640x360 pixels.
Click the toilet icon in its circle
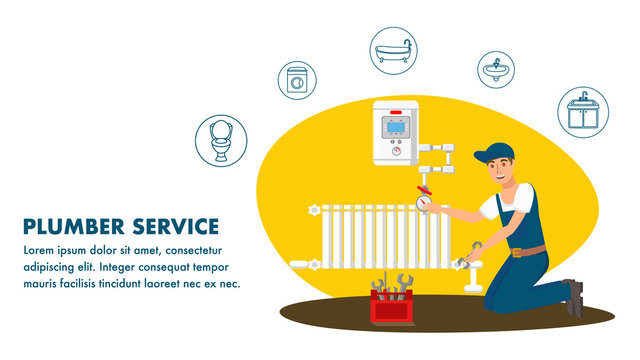coord(221,139)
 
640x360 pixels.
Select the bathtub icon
coord(392,50)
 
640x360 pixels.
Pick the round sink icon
coord(496,70)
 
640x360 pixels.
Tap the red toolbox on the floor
coord(392,303)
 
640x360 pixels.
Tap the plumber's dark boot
coord(573,297)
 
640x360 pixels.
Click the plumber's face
coord(501,172)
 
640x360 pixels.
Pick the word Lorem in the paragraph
coord(40,250)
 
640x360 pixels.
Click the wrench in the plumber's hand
coord(470,253)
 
